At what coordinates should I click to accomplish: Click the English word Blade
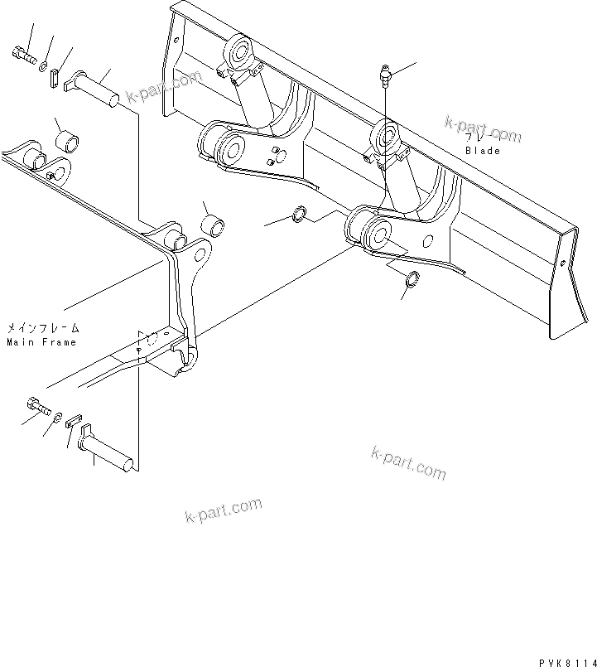[483, 151]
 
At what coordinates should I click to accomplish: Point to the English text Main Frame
[41, 341]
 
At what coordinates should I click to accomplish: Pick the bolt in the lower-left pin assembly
[38, 406]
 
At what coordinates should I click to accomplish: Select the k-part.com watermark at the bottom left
[222, 510]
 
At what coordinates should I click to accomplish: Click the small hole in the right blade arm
[428, 243]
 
